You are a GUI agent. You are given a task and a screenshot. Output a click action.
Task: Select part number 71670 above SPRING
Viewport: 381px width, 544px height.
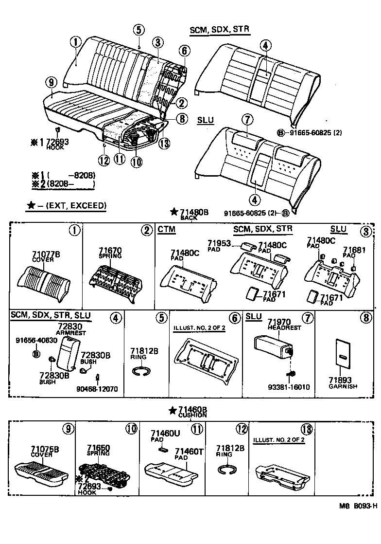[x=111, y=250]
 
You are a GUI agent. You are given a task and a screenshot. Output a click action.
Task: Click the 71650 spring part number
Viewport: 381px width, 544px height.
[x=98, y=448]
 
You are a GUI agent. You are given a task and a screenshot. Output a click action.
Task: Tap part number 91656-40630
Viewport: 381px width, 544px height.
[x=30, y=341]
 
